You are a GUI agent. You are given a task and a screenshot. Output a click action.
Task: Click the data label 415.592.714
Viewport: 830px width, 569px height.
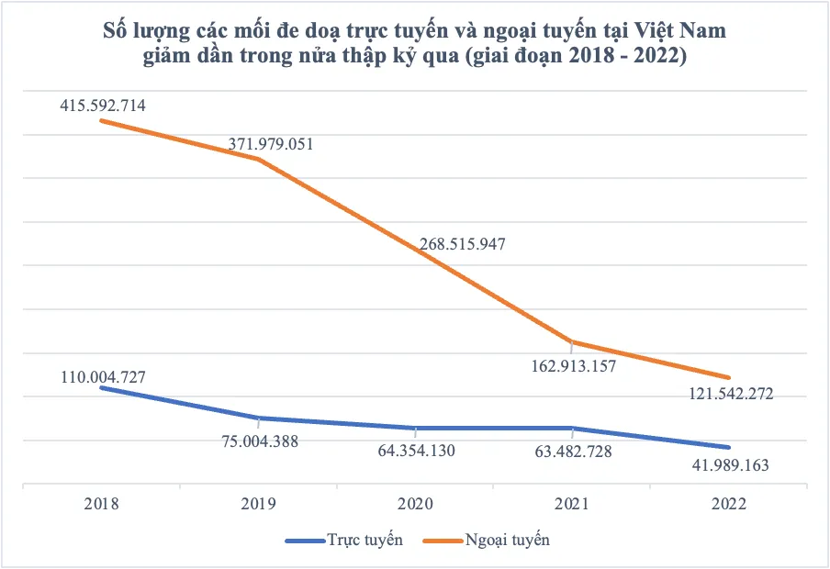coord(102,106)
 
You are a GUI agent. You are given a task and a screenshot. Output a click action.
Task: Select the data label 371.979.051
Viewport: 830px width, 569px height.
coord(270,144)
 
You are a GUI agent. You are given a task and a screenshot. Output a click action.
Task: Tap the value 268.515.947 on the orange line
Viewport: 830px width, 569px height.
coord(463,244)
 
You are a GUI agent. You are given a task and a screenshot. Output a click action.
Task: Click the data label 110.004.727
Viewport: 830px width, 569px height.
coord(102,377)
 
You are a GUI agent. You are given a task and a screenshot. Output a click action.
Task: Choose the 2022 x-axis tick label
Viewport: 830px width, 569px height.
coord(729,504)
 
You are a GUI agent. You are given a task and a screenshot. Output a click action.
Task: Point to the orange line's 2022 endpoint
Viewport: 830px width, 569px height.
coord(729,377)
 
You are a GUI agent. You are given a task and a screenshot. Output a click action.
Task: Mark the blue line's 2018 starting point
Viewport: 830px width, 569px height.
coord(101,387)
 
